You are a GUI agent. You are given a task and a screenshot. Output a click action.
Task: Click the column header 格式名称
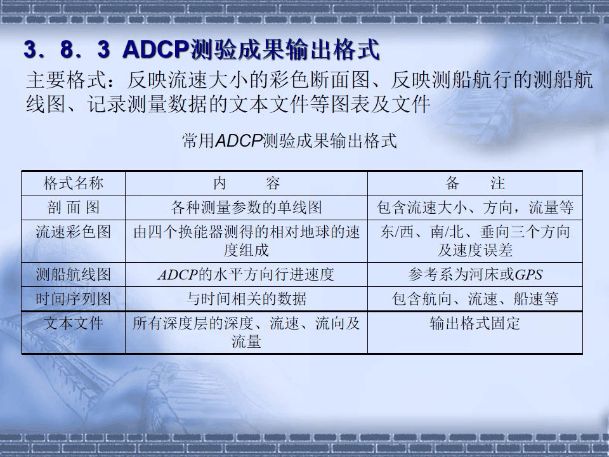click(x=73, y=184)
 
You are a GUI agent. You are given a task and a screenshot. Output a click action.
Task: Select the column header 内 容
click(x=246, y=184)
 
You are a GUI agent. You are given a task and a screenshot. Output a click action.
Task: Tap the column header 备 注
click(x=475, y=184)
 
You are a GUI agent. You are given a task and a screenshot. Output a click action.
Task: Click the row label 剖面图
click(x=73, y=208)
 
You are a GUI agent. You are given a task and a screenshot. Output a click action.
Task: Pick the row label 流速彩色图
click(x=73, y=232)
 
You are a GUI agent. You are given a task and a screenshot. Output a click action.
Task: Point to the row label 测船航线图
click(x=73, y=275)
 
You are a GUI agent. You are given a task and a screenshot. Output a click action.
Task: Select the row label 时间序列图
click(x=73, y=299)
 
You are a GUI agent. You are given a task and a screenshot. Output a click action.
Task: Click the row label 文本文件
click(x=73, y=324)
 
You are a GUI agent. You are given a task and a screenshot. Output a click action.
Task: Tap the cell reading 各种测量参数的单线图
click(x=246, y=208)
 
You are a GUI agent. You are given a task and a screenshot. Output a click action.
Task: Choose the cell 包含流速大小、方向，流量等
click(x=475, y=208)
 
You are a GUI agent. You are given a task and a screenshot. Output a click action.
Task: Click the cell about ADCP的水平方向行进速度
click(x=246, y=275)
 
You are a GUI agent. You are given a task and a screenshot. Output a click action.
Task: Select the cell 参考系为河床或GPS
click(x=475, y=275)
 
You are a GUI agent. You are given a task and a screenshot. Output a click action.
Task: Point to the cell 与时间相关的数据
click(x=246, y=299)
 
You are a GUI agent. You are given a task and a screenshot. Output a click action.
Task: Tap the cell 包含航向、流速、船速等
click(x=475, y=299)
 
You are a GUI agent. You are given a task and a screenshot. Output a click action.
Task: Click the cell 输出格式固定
click(x=475, y=324)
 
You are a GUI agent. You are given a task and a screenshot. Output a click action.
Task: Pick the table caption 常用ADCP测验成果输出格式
click(x=289, y=141)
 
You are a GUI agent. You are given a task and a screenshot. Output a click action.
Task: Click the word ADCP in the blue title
click(x=153, y=50)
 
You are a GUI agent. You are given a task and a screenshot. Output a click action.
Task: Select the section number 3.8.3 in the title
click(x=66, y=50)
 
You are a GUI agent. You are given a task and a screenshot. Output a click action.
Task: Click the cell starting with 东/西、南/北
click(x=475, y=241)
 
